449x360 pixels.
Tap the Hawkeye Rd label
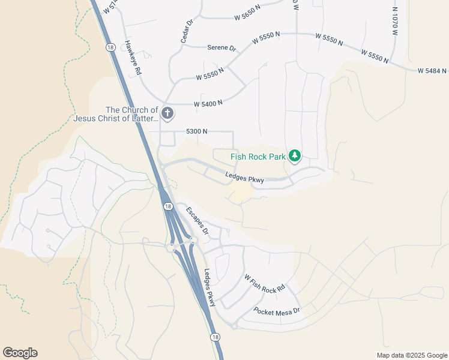point(133,58)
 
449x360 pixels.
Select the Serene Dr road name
point(221,48)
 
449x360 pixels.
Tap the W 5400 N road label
point(208,103)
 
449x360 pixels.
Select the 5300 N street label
point(197,131)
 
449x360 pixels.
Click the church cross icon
point(167,112)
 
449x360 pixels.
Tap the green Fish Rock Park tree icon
point(294,156)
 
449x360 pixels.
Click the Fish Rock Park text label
point(258,158)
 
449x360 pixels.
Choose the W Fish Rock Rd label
point(264,284)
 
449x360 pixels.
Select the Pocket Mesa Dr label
point(276,311)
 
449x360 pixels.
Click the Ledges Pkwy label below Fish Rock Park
point(245,177)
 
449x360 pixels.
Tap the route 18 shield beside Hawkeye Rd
point(109,46)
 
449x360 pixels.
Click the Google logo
point(20,353)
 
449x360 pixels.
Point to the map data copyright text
point(411,355)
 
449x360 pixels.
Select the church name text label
point(116,114)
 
